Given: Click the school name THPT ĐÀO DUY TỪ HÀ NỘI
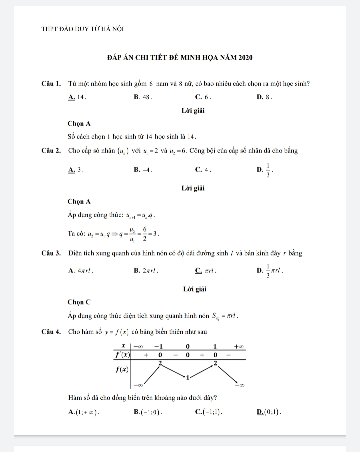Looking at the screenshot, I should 82,29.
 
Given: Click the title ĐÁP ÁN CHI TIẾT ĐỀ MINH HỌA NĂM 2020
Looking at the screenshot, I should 180,57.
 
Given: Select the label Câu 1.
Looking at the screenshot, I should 51,83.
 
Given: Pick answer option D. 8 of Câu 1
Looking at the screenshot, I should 265,97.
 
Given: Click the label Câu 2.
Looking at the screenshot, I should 51,151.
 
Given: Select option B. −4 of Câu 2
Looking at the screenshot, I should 143,170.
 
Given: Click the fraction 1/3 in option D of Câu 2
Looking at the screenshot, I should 268,170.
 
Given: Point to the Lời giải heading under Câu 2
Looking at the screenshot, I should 193,188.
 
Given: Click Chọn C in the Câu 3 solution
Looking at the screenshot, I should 79,302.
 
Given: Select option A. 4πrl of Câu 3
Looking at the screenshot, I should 80,271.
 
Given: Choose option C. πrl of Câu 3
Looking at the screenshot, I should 206,271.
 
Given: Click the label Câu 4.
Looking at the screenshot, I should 51,332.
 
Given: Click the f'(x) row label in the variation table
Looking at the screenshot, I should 122,355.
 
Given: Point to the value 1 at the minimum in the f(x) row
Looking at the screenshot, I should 188,377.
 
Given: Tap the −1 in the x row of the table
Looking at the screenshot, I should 158,346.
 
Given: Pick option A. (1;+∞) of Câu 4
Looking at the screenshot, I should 84,412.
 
